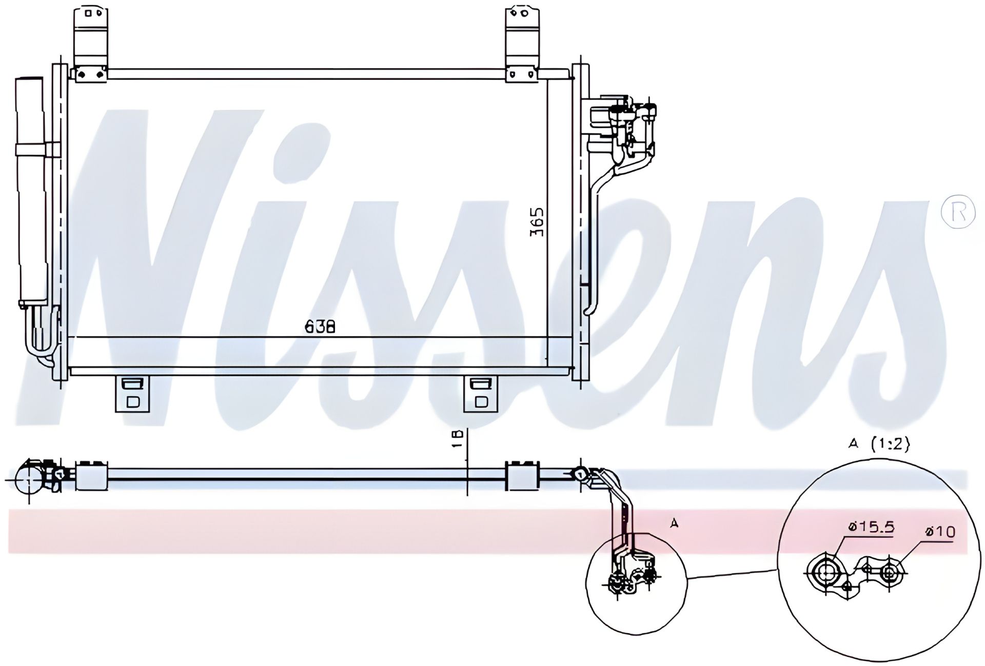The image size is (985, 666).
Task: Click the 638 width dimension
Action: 320,326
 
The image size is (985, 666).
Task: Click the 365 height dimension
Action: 537,221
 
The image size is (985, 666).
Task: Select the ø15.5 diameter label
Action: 871,527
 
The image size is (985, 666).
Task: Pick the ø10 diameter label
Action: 940,532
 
